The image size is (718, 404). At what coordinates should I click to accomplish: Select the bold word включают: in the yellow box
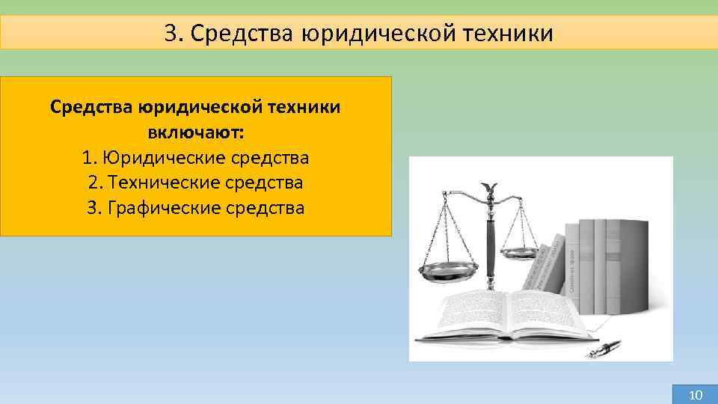tap(195, 133)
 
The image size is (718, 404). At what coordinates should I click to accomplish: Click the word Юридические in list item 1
tap(158, 158)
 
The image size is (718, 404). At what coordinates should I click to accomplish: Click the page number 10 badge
tap(695, 394)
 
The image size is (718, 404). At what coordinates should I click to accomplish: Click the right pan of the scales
tap(520, 252)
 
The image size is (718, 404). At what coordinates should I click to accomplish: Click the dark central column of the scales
tap(491, 247)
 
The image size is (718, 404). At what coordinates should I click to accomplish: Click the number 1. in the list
tap(90, 158)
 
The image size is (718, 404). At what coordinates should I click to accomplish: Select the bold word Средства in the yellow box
tap(91, 108)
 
